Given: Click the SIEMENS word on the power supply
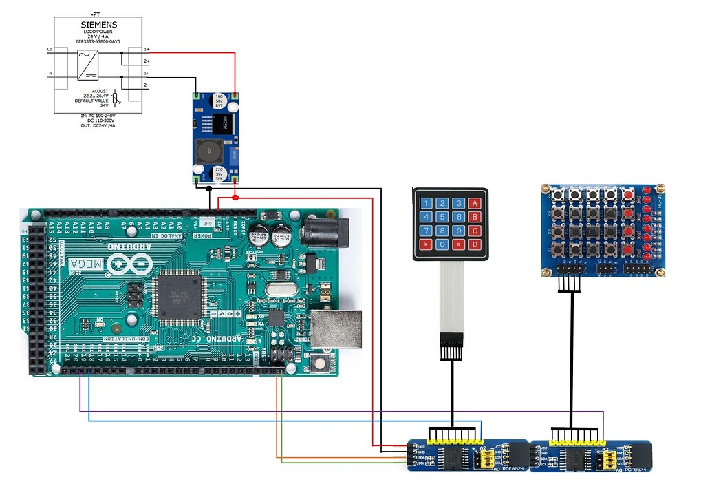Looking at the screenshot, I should pyautogui.click(x=98, y=25).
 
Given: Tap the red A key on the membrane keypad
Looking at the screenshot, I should pyautogui.click(x=475, y=203).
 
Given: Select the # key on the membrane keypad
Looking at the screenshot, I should pyautogui.click(x=459, y=244).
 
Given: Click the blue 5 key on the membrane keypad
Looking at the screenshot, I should pyautogui.click(x=442, y=217).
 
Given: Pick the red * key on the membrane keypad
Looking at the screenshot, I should pyautogui.click(x=427, y=244).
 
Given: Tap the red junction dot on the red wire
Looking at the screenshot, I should pyautogui.click(x=235, y=198).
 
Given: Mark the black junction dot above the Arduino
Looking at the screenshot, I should pyautogui.click(x=209, y=198).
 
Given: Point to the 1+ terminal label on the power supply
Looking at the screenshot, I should pyautogui.click(x=147, y=50).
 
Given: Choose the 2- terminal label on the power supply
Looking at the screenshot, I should pyautogui.click(x=147, y=85).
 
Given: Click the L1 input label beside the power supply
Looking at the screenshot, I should pyautogui.click(x=50, y=50).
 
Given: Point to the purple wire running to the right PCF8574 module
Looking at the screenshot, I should pyautogui.click(x=344, y=412).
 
